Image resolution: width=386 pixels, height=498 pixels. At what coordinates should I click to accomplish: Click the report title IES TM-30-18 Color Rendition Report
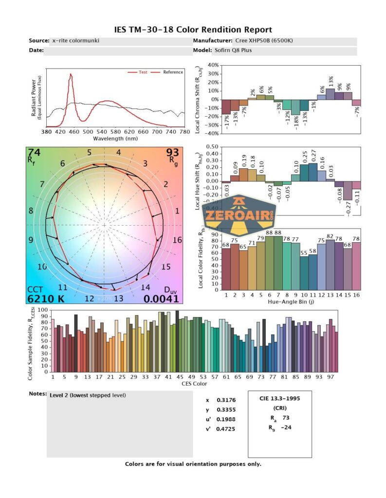[x=193, y=30]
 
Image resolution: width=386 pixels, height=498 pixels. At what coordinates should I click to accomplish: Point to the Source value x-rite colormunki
[x=75, y=41]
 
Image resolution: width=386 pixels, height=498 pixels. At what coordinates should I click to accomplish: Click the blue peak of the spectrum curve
[x=71, y=75]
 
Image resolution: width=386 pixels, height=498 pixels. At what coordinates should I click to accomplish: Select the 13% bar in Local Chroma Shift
[x=331, y=94]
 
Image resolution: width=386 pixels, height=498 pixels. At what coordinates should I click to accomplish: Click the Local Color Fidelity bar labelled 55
[x=304, y=270]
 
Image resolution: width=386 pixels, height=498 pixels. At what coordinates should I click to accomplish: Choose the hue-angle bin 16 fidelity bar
[x=357, y=265]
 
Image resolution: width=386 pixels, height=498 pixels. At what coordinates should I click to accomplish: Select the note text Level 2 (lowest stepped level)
[x=88, y=395]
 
